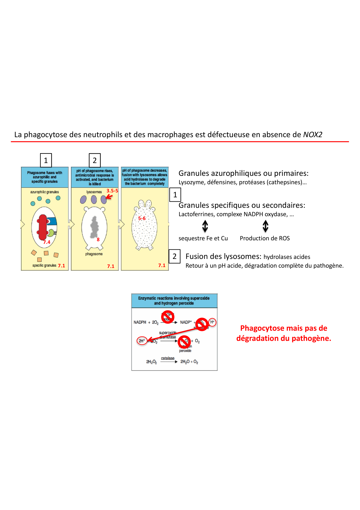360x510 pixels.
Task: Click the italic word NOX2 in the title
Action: pos(312,135)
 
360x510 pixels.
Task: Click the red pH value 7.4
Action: pos(47,242)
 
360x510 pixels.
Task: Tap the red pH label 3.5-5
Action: pos(112,191)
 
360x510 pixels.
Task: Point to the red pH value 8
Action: pos(98,239)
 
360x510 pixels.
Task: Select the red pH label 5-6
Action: pos(142,218)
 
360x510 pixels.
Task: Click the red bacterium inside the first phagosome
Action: pos(43,227)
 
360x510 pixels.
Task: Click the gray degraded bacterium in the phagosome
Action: pos(94,227)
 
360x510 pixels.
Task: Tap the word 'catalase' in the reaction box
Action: pos(168,358)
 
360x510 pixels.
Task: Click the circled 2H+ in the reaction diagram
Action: pos(142,341)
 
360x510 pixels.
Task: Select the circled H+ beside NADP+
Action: pos(212,322)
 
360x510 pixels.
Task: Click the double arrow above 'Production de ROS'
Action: pos(265,226)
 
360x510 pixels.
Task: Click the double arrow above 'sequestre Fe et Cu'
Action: pos(205,226)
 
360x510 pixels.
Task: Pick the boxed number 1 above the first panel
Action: pos(46,160)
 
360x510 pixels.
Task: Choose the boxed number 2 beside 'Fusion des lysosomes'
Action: pos(174,256)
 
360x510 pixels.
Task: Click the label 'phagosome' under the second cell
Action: pos(94,254)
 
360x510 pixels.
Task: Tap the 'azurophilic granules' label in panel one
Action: pos(44,192)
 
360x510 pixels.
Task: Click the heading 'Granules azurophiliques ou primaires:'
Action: pos(243,173)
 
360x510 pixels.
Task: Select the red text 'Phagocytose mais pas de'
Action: pos(283,328)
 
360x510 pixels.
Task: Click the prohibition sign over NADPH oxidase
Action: pos(168,317)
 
